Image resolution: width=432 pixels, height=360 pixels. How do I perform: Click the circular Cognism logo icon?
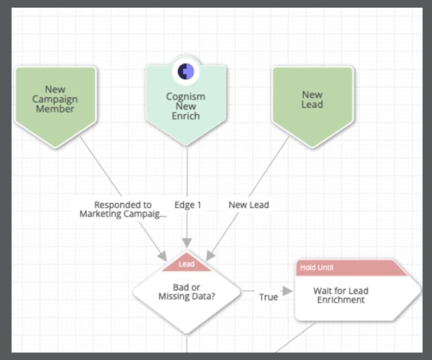186,71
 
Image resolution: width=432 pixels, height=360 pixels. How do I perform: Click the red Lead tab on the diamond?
186,264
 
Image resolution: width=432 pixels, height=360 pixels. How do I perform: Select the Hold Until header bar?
349,268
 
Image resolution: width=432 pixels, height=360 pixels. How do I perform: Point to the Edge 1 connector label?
187,205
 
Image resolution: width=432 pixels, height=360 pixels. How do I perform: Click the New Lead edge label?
249,205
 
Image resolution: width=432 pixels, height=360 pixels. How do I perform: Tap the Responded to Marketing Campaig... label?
123,209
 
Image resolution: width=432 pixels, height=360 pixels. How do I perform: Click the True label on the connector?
268,296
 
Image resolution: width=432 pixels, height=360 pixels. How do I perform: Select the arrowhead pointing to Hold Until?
287,291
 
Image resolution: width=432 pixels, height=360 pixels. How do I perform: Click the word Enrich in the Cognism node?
186,116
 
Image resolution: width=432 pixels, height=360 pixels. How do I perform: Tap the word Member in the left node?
55,109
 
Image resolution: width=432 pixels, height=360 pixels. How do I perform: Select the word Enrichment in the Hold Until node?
340,300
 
